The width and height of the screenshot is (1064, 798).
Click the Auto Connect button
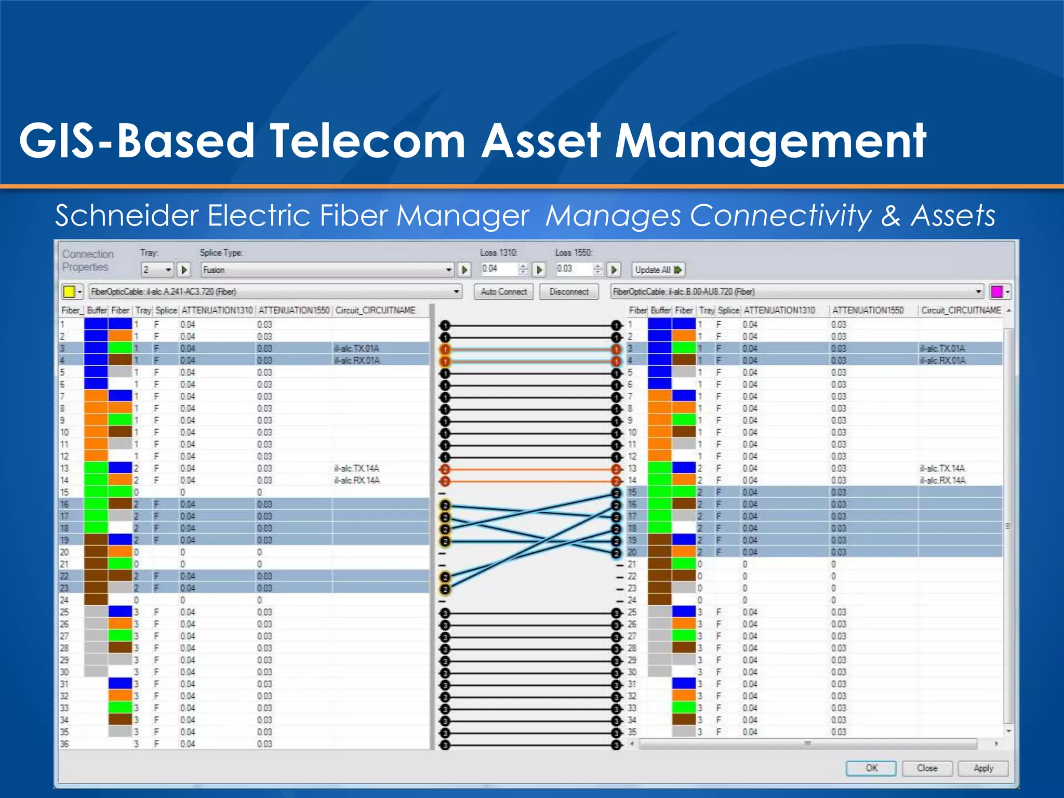(503, 291)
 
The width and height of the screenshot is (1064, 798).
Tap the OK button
(871, 768)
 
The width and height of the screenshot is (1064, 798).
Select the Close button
(927, 768)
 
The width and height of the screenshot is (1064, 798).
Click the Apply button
(983, 768)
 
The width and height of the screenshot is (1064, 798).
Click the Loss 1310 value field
(499, 269)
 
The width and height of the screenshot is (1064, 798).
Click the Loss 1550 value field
(573, 269)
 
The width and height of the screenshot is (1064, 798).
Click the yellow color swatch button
(69, 291)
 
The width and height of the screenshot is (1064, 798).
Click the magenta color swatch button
(996, 291)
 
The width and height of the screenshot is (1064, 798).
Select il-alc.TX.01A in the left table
(356, 348)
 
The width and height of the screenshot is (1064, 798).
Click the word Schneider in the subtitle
(127, 215)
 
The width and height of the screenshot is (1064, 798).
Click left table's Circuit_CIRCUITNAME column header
(375, 310)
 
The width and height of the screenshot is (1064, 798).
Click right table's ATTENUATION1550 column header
(868, 310)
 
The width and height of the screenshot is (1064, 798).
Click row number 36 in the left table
(64, 744)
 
